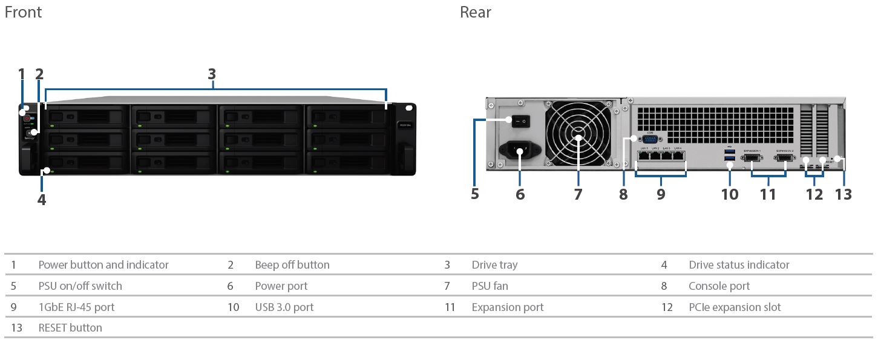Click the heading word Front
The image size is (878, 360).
pos(23,12)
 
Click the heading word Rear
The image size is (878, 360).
pos(475,12)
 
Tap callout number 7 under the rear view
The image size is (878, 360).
pos(578,194)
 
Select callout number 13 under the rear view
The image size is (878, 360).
pos(843,194)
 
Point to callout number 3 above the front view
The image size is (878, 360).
pos(212,74)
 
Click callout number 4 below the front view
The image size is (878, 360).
pos(41,200)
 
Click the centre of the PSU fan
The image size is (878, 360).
pos(578,138)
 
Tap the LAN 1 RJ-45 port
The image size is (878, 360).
pos(643,155)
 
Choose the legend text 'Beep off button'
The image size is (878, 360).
pos(292,265)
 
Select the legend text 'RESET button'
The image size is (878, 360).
pos(70,328)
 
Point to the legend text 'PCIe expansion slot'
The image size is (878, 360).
pos(735,307)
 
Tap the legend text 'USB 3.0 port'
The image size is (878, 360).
pos(284,307)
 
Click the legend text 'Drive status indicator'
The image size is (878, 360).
pos(739,265)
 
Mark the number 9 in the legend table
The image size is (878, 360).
pos(13,307)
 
